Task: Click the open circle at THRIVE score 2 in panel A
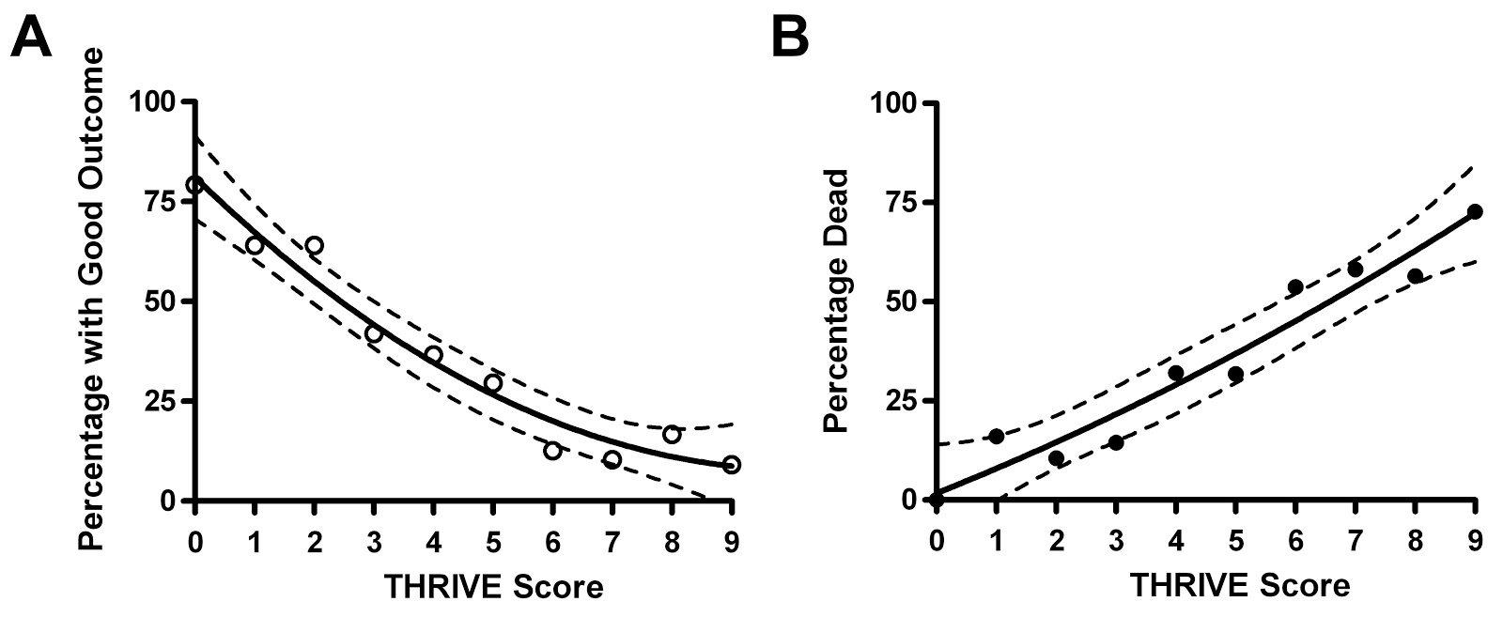pos(315,245)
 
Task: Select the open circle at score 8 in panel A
pos(671,434)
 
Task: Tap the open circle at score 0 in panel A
pos(195,185)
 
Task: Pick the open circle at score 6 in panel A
pos(552,451)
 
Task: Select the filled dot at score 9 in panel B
pos(1475,211)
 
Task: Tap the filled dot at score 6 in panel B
pos(1295,286)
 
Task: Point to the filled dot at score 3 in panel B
pos(1116,442)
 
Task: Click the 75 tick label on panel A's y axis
pos(161,201)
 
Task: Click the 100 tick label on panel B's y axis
pos(893,101)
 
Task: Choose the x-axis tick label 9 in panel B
pos(1475,540)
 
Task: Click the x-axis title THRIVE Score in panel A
pos(493,588)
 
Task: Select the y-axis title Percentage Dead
pos(837,301)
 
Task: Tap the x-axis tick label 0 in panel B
pos(937,540)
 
